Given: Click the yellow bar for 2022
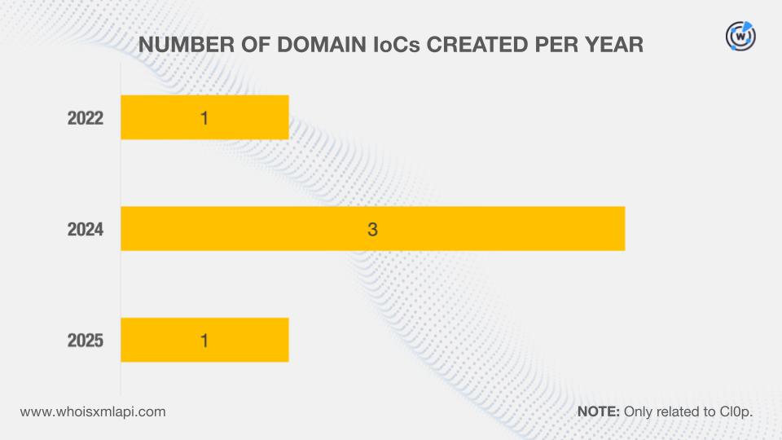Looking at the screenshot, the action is tap(204, 117).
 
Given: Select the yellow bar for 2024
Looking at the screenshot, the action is tap(372, 228).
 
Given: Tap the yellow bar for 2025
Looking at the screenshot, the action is tap(204, 340).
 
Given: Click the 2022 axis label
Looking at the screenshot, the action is tap(86, 118).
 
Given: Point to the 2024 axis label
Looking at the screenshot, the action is tap(86, 230).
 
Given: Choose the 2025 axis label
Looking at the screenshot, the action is tap(86, 341).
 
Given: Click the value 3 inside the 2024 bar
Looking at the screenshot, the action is tap(372, 230).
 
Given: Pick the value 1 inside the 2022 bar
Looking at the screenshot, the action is tap(204, 118).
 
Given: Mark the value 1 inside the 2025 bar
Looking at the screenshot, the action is tap(204, 341).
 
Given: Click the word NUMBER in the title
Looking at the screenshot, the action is tap(186, 44).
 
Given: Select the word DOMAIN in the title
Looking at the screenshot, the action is tap(322, 44).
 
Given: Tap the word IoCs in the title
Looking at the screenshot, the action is tap(397, 44).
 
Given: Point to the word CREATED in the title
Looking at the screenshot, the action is tap(477, 44).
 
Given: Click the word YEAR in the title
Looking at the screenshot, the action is tap(614, 44).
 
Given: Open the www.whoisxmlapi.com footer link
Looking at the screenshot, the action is tap(93, 412).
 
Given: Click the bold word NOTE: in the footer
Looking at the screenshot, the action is tap(599, 411).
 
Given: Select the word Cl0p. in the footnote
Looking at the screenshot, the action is tap(736, 412).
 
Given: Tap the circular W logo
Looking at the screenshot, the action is tap(740, 36).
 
